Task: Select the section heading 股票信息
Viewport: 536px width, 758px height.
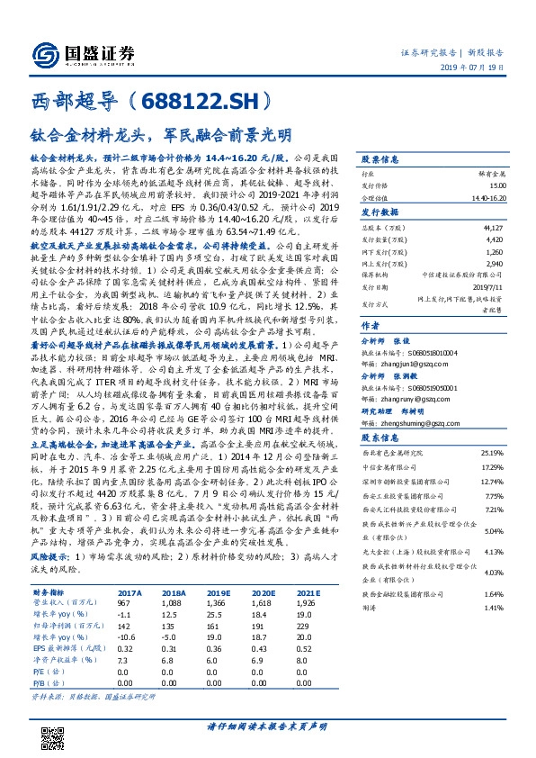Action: coord(379,158)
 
